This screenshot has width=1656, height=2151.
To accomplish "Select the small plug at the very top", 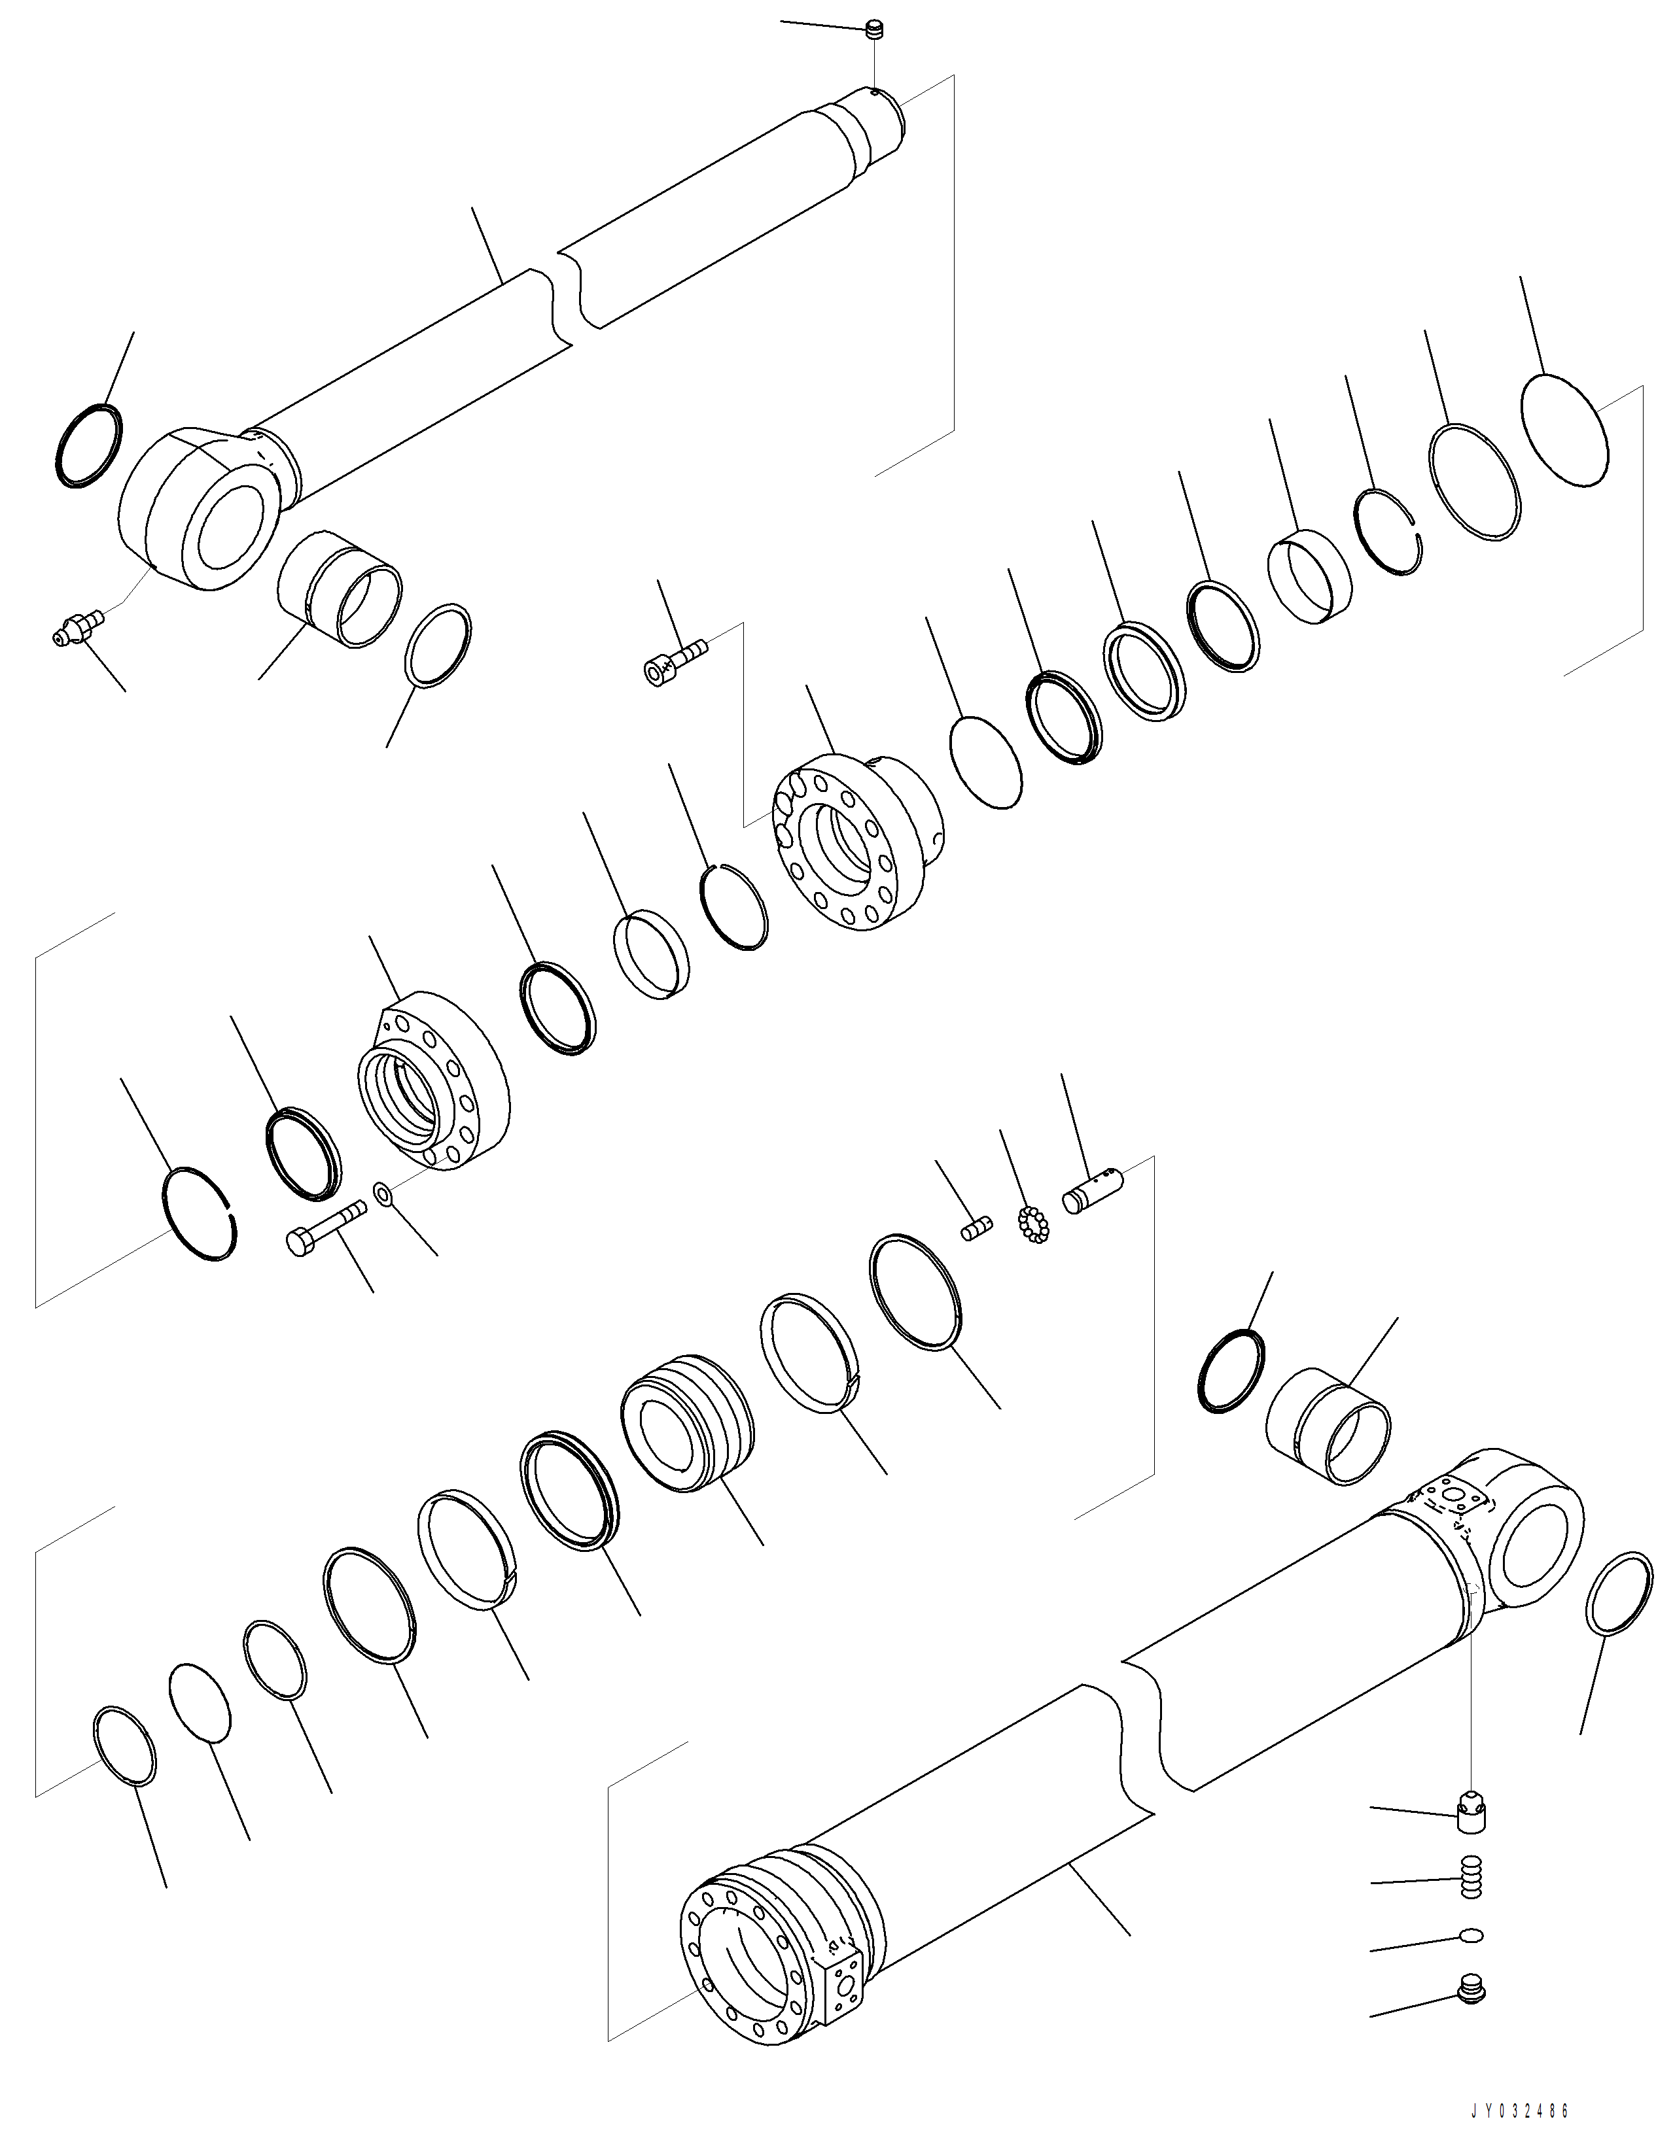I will tap(871, 31).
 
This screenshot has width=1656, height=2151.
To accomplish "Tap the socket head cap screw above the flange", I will tap(674, 659).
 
